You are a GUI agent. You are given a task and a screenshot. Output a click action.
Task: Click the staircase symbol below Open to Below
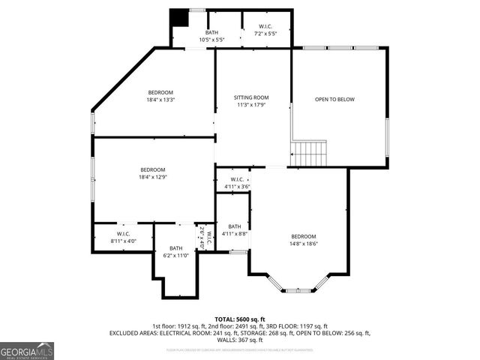[x=309, y=154]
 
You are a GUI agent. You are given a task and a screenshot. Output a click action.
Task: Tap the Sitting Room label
[x=250, y=97]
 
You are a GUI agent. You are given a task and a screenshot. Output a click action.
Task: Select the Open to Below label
[x=334, y=99]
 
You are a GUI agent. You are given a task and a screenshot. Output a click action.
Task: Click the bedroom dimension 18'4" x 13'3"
[x=160, y=100]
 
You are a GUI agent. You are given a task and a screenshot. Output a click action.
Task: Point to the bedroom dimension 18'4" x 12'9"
[x=152, y=177]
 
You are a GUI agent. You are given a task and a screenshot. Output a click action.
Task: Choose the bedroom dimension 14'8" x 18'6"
[x=304, y=243]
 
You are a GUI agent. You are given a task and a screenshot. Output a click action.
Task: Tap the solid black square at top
[x=179, y=18]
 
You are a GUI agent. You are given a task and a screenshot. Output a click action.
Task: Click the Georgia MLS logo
[x=27, y=350]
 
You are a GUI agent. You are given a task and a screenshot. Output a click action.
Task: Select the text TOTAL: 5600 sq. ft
[x=239, y=319]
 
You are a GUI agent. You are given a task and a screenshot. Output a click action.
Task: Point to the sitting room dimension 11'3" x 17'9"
[x=250, y=105]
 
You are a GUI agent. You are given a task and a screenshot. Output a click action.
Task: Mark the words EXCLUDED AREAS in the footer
[x=133, y=333]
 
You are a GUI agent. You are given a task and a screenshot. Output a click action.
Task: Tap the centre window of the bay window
[x=298, y=289]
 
